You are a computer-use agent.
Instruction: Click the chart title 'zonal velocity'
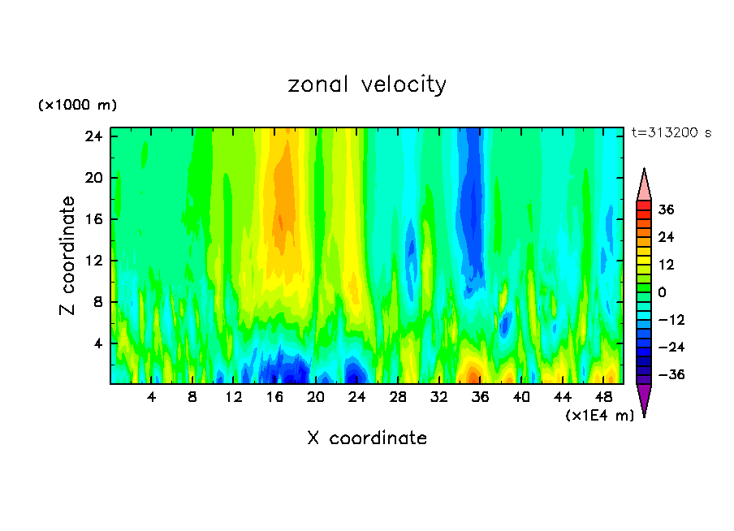(x=367, y=85)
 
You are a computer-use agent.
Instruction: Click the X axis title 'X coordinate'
(x=367, y=438)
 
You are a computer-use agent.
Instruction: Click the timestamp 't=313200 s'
(x=671, y=133)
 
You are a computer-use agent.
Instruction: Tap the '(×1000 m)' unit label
(x=77, y=106)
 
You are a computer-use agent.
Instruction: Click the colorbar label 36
(x=666, y=209)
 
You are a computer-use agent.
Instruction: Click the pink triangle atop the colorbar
(x=644, y=186)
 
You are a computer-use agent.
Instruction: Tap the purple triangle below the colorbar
(x=644, y=399)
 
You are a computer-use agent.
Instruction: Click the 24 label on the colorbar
(x=666, y=237)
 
